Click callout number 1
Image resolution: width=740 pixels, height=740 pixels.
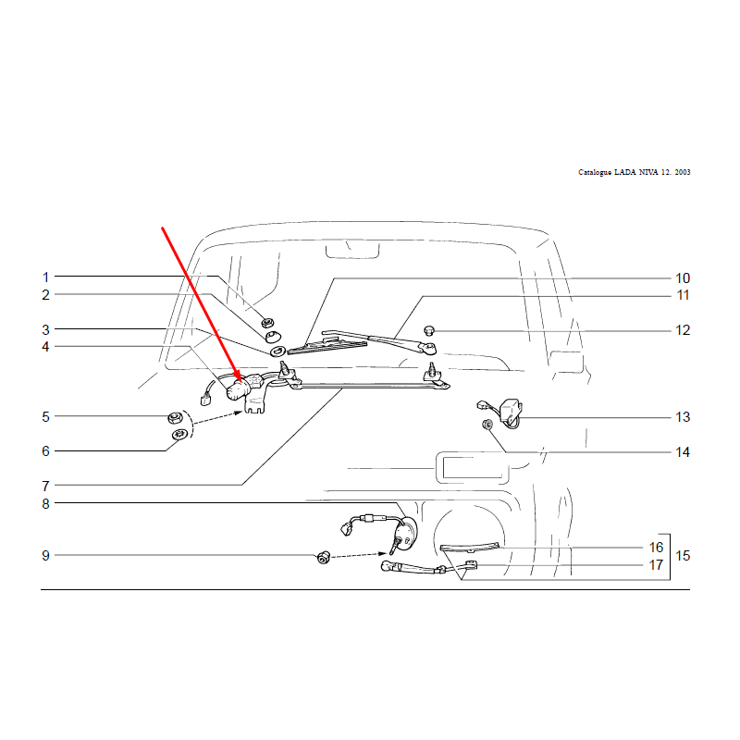[45, 277]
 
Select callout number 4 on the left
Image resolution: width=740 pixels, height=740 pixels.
[45, 347]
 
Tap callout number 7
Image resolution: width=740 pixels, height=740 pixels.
[45, 486]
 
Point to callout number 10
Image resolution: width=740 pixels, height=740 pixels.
[683, 278]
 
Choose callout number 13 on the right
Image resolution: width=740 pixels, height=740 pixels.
[683, 417]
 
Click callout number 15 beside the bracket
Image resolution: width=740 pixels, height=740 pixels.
[683, 556]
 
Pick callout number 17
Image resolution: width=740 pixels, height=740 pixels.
[656, 564]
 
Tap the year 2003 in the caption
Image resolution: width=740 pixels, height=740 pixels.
[683, 172]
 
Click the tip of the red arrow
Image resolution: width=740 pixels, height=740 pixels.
[241, 381]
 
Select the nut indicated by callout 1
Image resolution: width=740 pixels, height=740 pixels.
[267, 323]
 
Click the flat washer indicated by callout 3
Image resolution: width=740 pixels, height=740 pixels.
[277, 351]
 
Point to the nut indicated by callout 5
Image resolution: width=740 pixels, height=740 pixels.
[175, 417]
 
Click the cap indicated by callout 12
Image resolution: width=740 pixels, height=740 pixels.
[429, 330]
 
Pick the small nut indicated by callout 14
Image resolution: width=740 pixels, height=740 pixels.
[487, 425]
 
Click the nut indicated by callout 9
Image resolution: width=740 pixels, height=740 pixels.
[323, 558]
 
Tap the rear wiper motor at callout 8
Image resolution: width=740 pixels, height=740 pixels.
[404, 534]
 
